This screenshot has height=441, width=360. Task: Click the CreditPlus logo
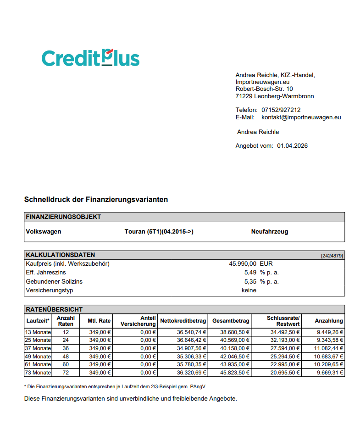(x=90, y=58)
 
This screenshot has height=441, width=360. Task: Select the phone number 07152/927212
(x=281, y=110)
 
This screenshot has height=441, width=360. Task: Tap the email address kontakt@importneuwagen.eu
(x=301, y=117)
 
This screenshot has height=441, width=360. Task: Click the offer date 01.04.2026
(x=292, y=146)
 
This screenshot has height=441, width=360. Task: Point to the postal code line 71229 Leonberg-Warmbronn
(x=274, y=96)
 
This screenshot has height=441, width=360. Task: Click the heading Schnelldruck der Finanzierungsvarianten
(x=96, y=200)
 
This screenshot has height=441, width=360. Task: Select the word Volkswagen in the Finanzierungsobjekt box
(x=43, y=232)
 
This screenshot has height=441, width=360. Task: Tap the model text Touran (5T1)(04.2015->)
(x=159, y=232)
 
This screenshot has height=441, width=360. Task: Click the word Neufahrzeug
(x=269, y=232)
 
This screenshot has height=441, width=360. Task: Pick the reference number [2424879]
(x=332, y=256)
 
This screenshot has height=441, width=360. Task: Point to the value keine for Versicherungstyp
(x=249, y=290)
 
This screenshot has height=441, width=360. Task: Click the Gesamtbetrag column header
(x=231, y=321)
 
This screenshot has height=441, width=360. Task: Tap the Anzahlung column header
(x=328, y=321)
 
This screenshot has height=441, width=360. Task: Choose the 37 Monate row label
(x=38, y=348)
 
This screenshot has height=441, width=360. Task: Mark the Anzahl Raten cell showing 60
(x=66, y=364)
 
